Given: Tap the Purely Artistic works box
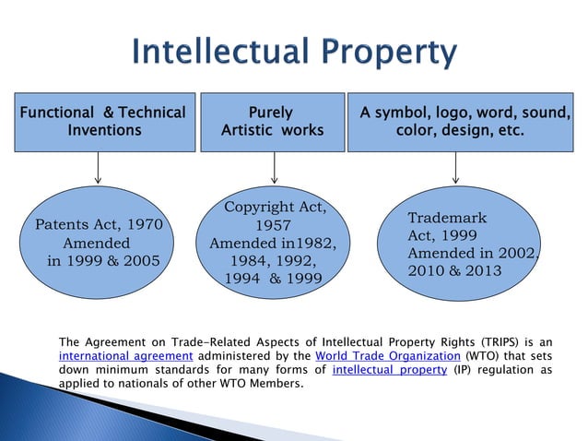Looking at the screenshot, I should (x=272, y=122).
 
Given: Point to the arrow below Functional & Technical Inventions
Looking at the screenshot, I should (x=98, y=168).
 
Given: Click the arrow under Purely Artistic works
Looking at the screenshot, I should (x=274, y=168).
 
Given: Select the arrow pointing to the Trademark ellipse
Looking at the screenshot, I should (x=455, y=168).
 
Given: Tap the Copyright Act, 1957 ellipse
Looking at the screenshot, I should (x=274, y=243).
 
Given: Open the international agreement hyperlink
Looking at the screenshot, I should (x=124, y=357).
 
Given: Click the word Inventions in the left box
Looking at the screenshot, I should (x=104, y=131).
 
